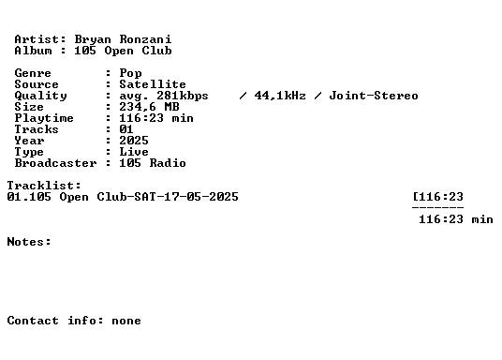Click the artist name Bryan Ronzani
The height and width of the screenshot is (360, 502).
123,39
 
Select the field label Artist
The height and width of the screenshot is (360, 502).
37,39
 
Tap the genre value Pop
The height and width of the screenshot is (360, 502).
130,73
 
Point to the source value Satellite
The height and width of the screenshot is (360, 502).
153,84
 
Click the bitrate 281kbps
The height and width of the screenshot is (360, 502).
183,96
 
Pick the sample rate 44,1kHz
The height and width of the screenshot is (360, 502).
280,96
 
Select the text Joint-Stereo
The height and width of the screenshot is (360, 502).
374,96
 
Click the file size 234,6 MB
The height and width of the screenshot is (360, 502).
149,107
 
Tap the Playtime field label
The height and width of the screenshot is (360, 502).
44,118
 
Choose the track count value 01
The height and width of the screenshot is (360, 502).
126,129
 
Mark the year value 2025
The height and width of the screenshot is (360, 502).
134,141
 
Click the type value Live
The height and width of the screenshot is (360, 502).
134,152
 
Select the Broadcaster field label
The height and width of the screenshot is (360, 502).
55,163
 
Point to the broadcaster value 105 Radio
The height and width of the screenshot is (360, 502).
153,163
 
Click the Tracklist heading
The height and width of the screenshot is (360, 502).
44,186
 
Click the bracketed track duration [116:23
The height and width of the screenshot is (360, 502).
438,197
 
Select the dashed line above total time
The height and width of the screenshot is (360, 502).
437,207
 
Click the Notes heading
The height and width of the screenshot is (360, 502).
29,241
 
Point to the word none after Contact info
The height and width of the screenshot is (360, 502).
126,321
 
